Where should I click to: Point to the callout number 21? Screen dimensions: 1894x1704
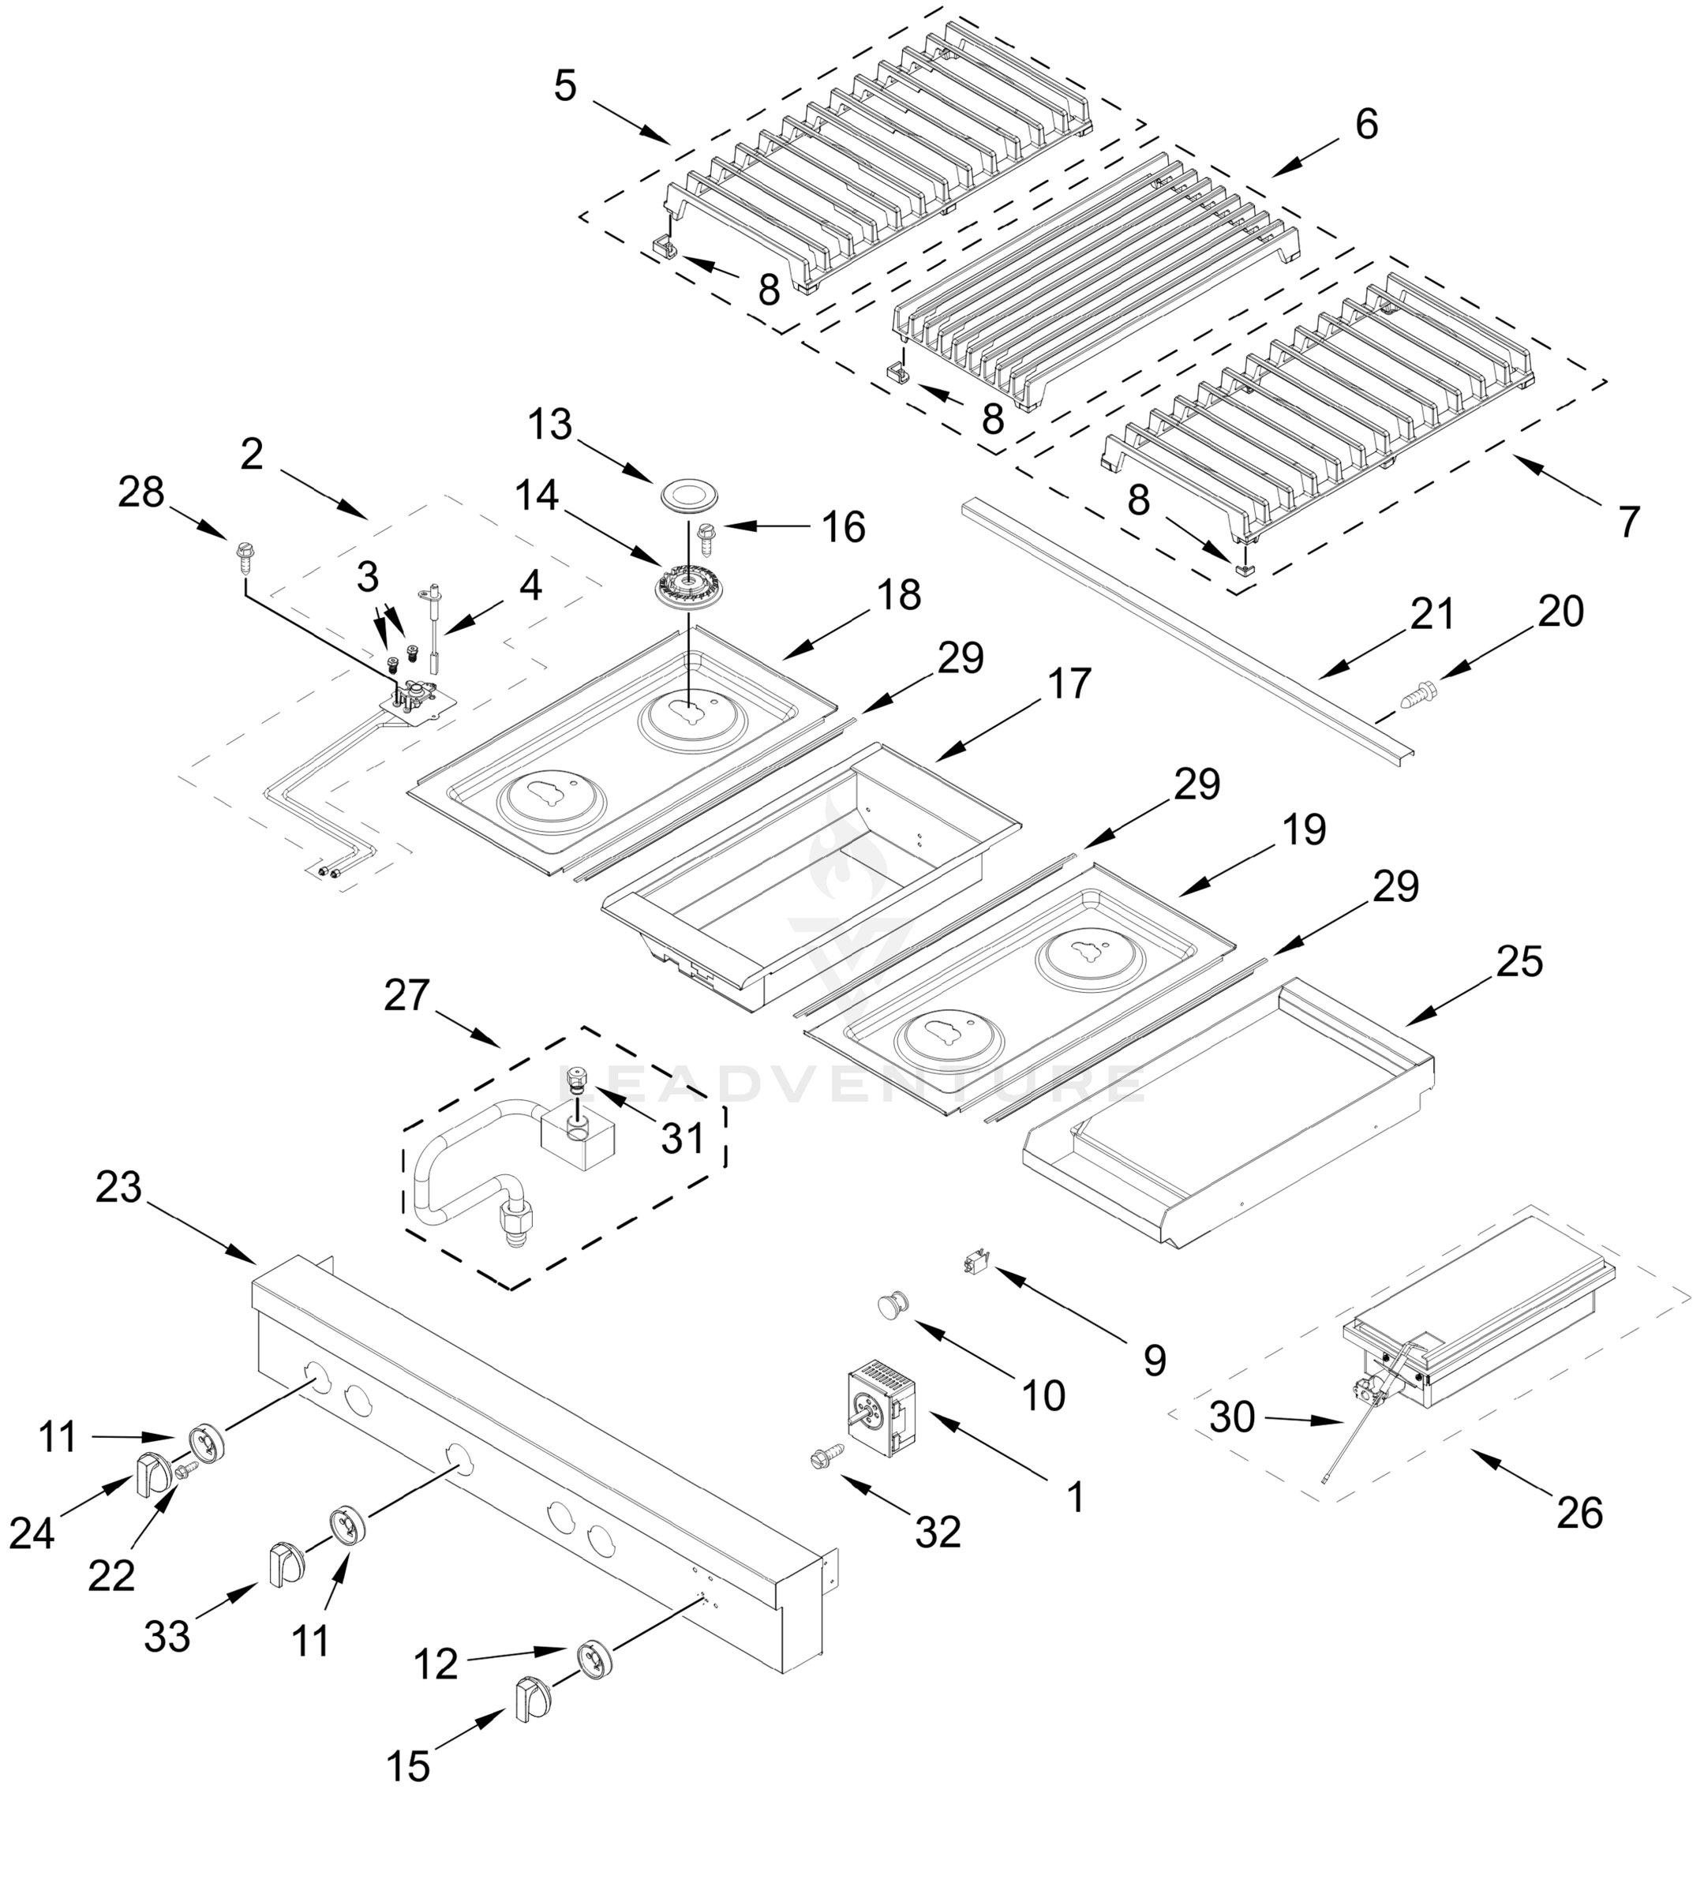[x=1432, y=614]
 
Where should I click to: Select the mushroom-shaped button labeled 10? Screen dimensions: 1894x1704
[x=893, y=1304]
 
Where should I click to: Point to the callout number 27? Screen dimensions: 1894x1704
[x=406, y=995]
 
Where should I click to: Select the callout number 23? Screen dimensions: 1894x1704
[x=119, y=1187]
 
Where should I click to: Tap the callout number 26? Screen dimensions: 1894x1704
[x=1579, y=1513]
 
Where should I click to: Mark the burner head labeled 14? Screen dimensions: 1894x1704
[x=689, y=588]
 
